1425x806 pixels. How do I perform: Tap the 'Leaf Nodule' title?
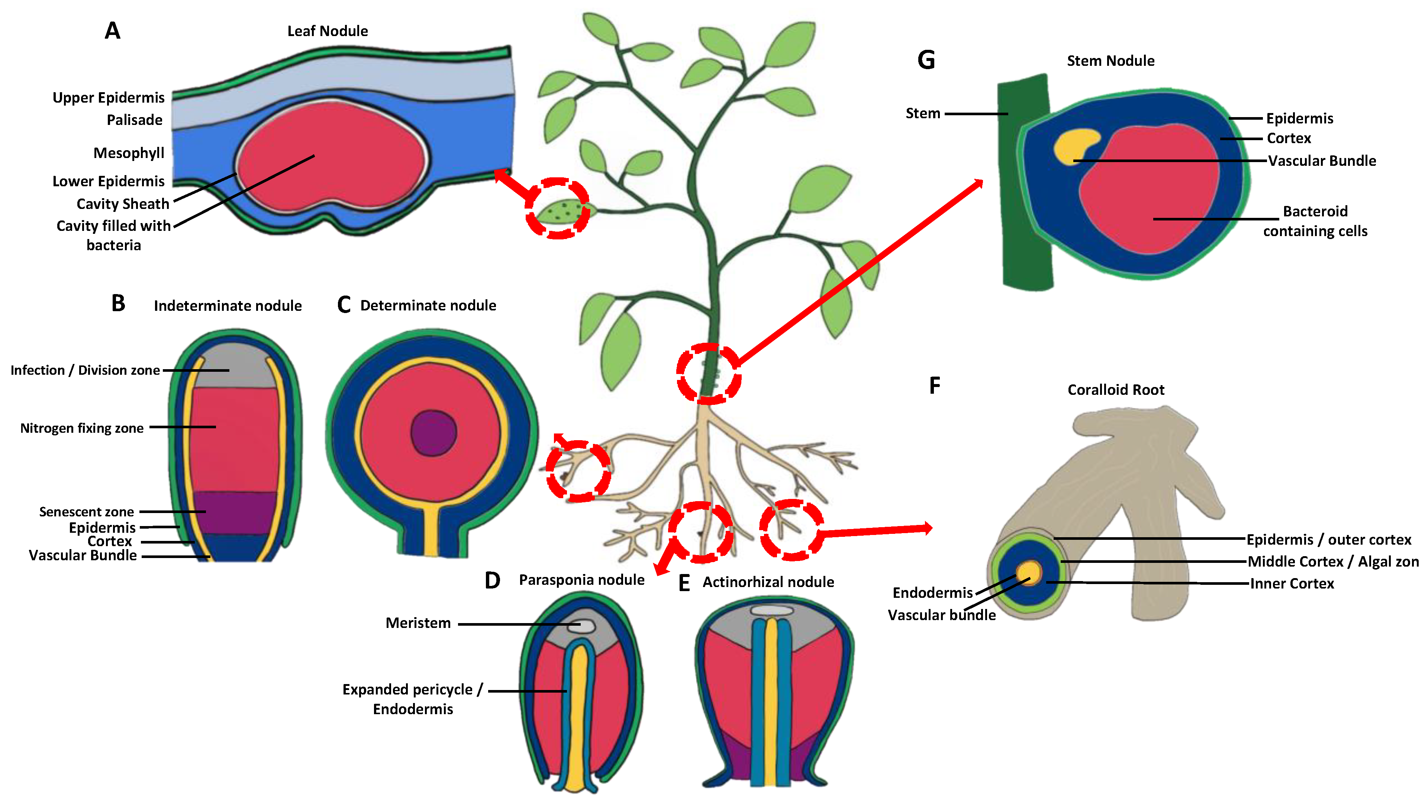click(x=327, y=31)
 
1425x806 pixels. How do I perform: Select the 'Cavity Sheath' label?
click(x=122, y=204)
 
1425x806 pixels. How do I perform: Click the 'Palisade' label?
click(x=135, y=120)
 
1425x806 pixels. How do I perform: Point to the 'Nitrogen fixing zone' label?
click(x=82, y=428)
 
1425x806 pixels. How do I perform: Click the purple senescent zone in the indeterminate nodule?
click(x=234, y=512)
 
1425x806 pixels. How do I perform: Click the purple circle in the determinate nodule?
click(x=433, y=433)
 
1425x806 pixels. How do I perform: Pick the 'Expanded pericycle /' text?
click(x=412, y=689)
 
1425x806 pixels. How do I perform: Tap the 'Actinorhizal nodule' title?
click(x=768, y=582)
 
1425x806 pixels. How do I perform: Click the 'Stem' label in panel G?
click(x=922, y=113)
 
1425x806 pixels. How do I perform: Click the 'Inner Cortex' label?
click(x=1292, y=583)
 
